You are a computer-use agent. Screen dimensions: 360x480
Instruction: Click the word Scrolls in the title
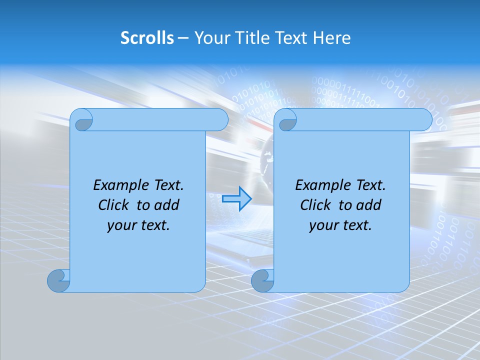coord(147,38)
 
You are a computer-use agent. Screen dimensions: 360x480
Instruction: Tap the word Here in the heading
coord(332,38)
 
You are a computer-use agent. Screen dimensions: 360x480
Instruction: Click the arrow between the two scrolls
coord(236,199)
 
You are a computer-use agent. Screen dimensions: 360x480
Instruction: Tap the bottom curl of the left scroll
coord(58,280)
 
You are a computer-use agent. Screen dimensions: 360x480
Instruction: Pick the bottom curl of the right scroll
coord(262,280)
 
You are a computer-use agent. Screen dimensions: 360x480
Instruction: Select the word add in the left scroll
coord(167,205)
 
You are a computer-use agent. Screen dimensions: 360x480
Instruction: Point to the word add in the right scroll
coord(369,205)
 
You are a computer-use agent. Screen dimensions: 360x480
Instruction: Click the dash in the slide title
coord(183,38)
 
